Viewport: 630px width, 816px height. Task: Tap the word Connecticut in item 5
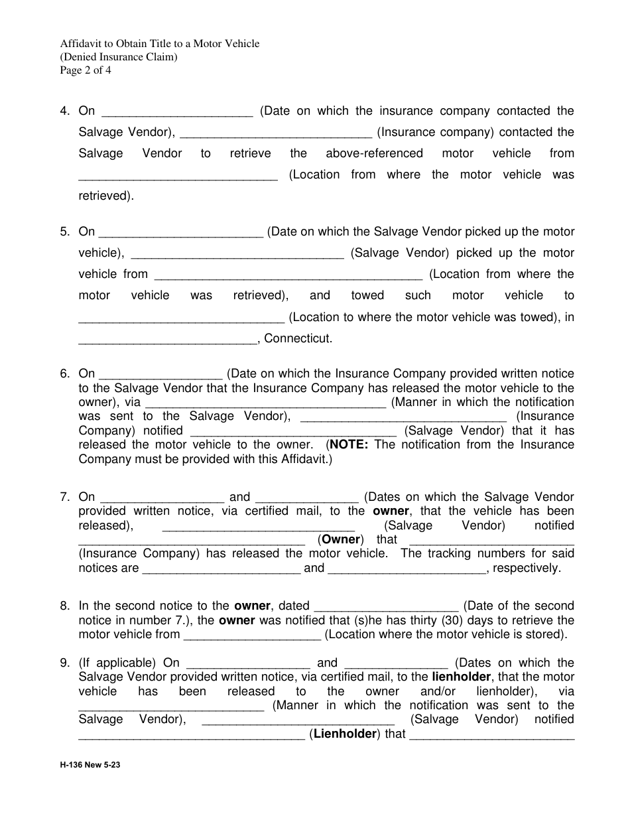(x=298, y=338)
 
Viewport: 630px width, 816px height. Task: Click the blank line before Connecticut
(x=168, y=338)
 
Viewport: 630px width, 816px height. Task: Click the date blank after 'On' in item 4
(x=178, y=111)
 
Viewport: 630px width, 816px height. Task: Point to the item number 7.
(x=64, y=497)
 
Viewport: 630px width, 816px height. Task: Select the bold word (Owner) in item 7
(x=341, y=539)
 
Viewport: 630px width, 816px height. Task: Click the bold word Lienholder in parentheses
(x=344, y=734)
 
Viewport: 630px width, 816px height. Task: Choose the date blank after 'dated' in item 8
(x=385, y=606)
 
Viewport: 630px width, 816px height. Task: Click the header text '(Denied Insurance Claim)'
(x=119, y=57)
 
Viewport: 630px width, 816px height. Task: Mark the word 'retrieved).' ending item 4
(x=106, y=196)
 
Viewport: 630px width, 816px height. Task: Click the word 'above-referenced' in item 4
(x=374, y=154)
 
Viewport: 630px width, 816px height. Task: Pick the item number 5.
(x=64, y=232)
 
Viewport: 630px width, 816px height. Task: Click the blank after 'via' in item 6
(x=265, y=402)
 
